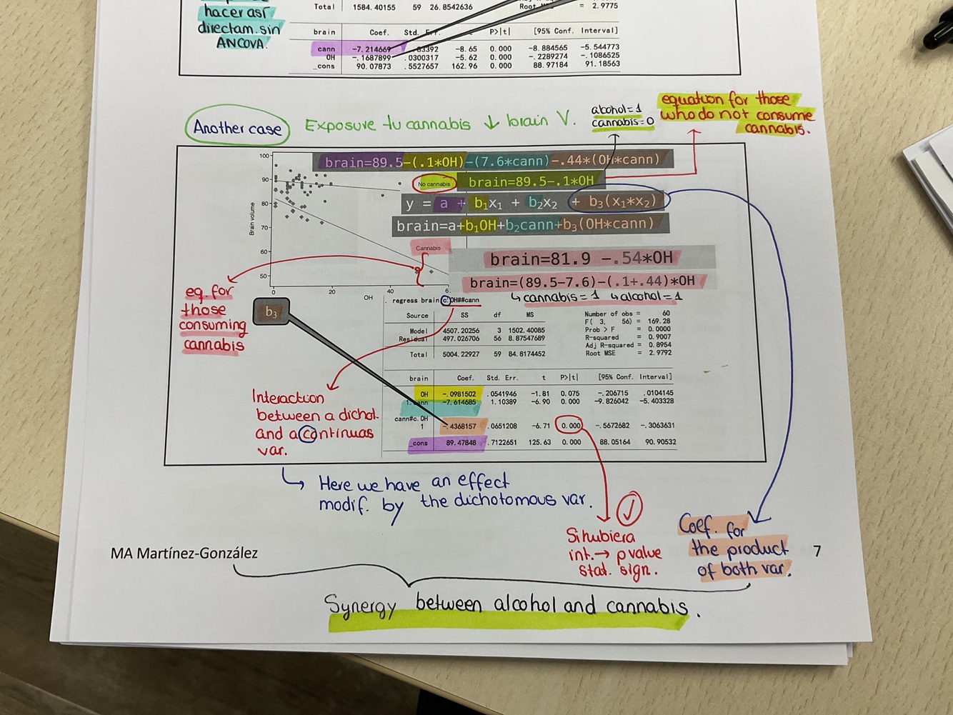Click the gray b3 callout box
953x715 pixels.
click(x=271, y=312)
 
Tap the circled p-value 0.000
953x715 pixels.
click(x=571, y=426)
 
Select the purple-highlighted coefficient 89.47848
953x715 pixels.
click(x=461, y=443)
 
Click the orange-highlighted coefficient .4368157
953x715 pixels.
click(x=460, y=426)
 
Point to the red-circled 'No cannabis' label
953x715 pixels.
click(x=434, y=184)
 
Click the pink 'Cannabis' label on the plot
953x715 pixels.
click(x=429, y=248)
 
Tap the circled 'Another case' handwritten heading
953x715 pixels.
click(x=237, y=129)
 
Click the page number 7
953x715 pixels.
click(x=817, y=551)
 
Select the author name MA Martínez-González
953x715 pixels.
click(x=184, y=553)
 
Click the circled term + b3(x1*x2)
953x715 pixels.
click(x=619, y=201)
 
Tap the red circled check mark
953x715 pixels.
click(x=629, y=509)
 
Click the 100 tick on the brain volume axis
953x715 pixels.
click(x=264, y=156)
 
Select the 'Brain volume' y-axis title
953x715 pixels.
click(x=251, y=219)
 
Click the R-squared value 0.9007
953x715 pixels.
click(x=659, y=337)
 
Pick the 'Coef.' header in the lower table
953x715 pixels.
click(x=465, y=378)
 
